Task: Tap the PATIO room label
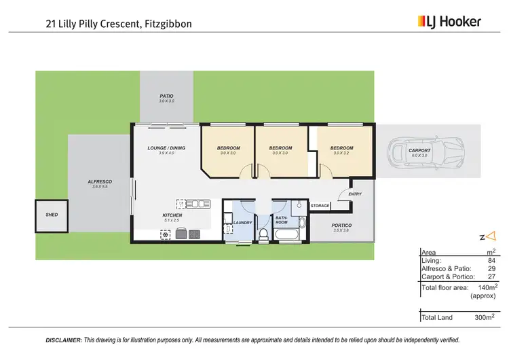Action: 166,96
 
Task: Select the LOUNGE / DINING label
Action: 166,148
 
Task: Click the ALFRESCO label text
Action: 100,181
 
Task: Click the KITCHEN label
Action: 172,215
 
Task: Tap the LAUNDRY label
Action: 242,222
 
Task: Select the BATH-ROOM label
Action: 282,220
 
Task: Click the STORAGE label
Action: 320,205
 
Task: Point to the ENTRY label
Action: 356,194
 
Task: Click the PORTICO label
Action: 341,226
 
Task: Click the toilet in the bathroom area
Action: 263,235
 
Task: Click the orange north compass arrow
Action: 492,236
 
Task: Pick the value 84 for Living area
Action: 491,260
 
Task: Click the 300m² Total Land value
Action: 484,317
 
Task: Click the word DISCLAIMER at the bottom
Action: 64,339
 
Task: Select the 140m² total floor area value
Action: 487,287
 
